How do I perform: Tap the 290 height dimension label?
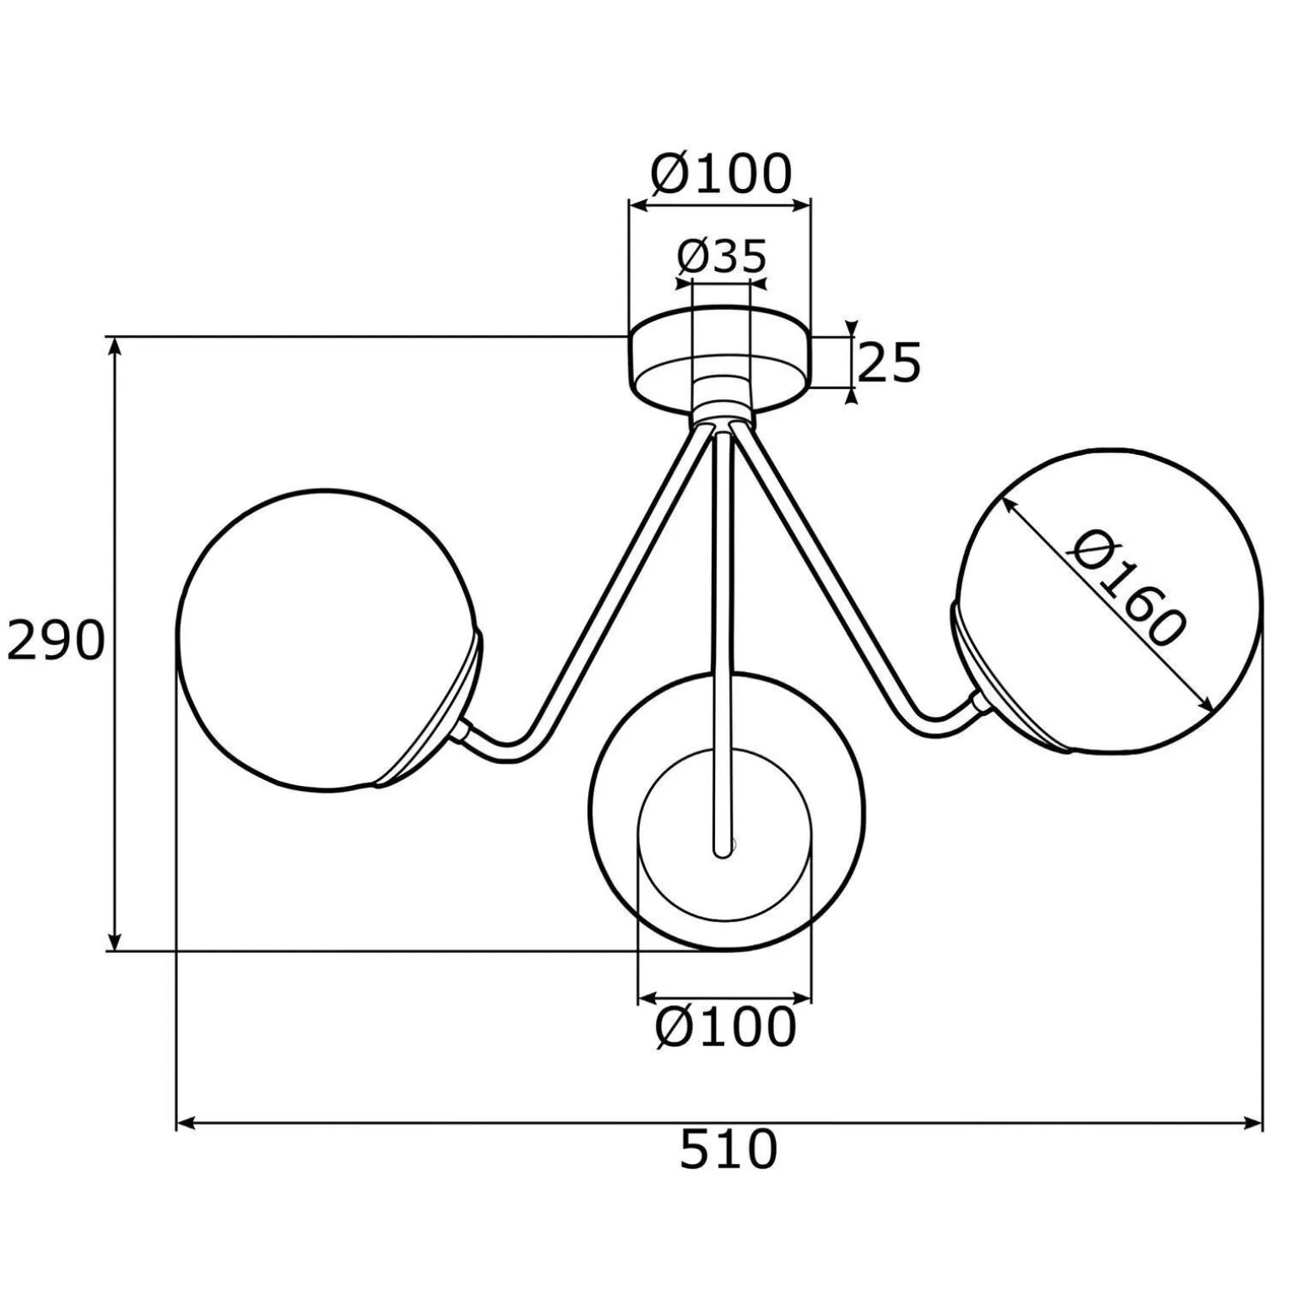56,641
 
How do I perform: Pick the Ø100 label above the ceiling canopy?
722,175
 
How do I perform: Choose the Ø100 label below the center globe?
726,1027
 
